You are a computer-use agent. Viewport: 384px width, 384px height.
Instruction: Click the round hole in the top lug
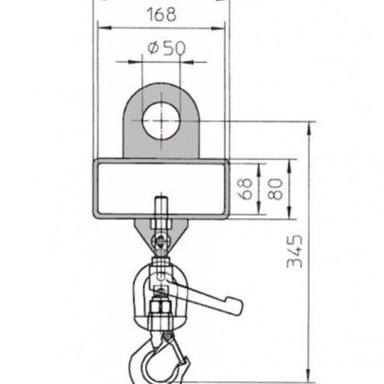click(160, 120)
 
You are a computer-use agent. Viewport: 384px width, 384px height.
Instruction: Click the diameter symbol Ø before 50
click(151, 50)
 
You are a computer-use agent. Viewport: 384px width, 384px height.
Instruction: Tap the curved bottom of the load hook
click(150, 378)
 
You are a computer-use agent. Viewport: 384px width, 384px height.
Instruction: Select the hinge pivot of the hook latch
click(168, 337)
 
